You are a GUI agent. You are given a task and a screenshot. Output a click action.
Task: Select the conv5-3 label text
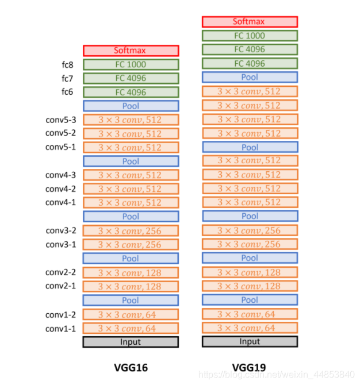[60, 120]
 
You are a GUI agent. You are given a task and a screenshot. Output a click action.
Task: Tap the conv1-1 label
[60, 329]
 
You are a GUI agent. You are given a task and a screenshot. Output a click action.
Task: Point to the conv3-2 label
[60, 231]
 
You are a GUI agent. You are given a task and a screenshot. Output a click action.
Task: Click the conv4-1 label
[60, 202]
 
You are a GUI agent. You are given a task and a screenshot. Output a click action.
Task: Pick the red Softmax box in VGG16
[131, 51]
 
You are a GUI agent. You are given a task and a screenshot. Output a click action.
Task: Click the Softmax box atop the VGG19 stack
[250, 22]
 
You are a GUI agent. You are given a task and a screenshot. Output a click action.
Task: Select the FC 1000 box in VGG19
[250, 36]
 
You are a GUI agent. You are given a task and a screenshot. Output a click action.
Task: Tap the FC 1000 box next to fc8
[131, 64]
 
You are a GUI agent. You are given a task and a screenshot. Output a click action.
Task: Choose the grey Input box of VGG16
[131, 342]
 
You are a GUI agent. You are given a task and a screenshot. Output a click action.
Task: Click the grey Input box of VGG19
[250, 341]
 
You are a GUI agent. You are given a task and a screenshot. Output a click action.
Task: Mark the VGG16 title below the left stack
[131, 368]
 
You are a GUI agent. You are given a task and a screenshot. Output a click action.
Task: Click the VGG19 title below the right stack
[249, 368]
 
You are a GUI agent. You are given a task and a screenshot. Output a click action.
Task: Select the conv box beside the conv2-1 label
[131, 286]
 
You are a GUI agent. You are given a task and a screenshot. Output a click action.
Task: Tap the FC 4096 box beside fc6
[131, 92]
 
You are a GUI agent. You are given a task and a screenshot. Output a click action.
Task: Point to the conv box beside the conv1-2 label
[131, 314]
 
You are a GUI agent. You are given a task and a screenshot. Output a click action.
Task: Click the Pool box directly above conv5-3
[131, 106]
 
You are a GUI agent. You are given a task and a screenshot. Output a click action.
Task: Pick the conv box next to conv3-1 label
[131, 245]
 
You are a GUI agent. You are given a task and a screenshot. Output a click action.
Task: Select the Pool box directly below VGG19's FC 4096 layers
[250, 77]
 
